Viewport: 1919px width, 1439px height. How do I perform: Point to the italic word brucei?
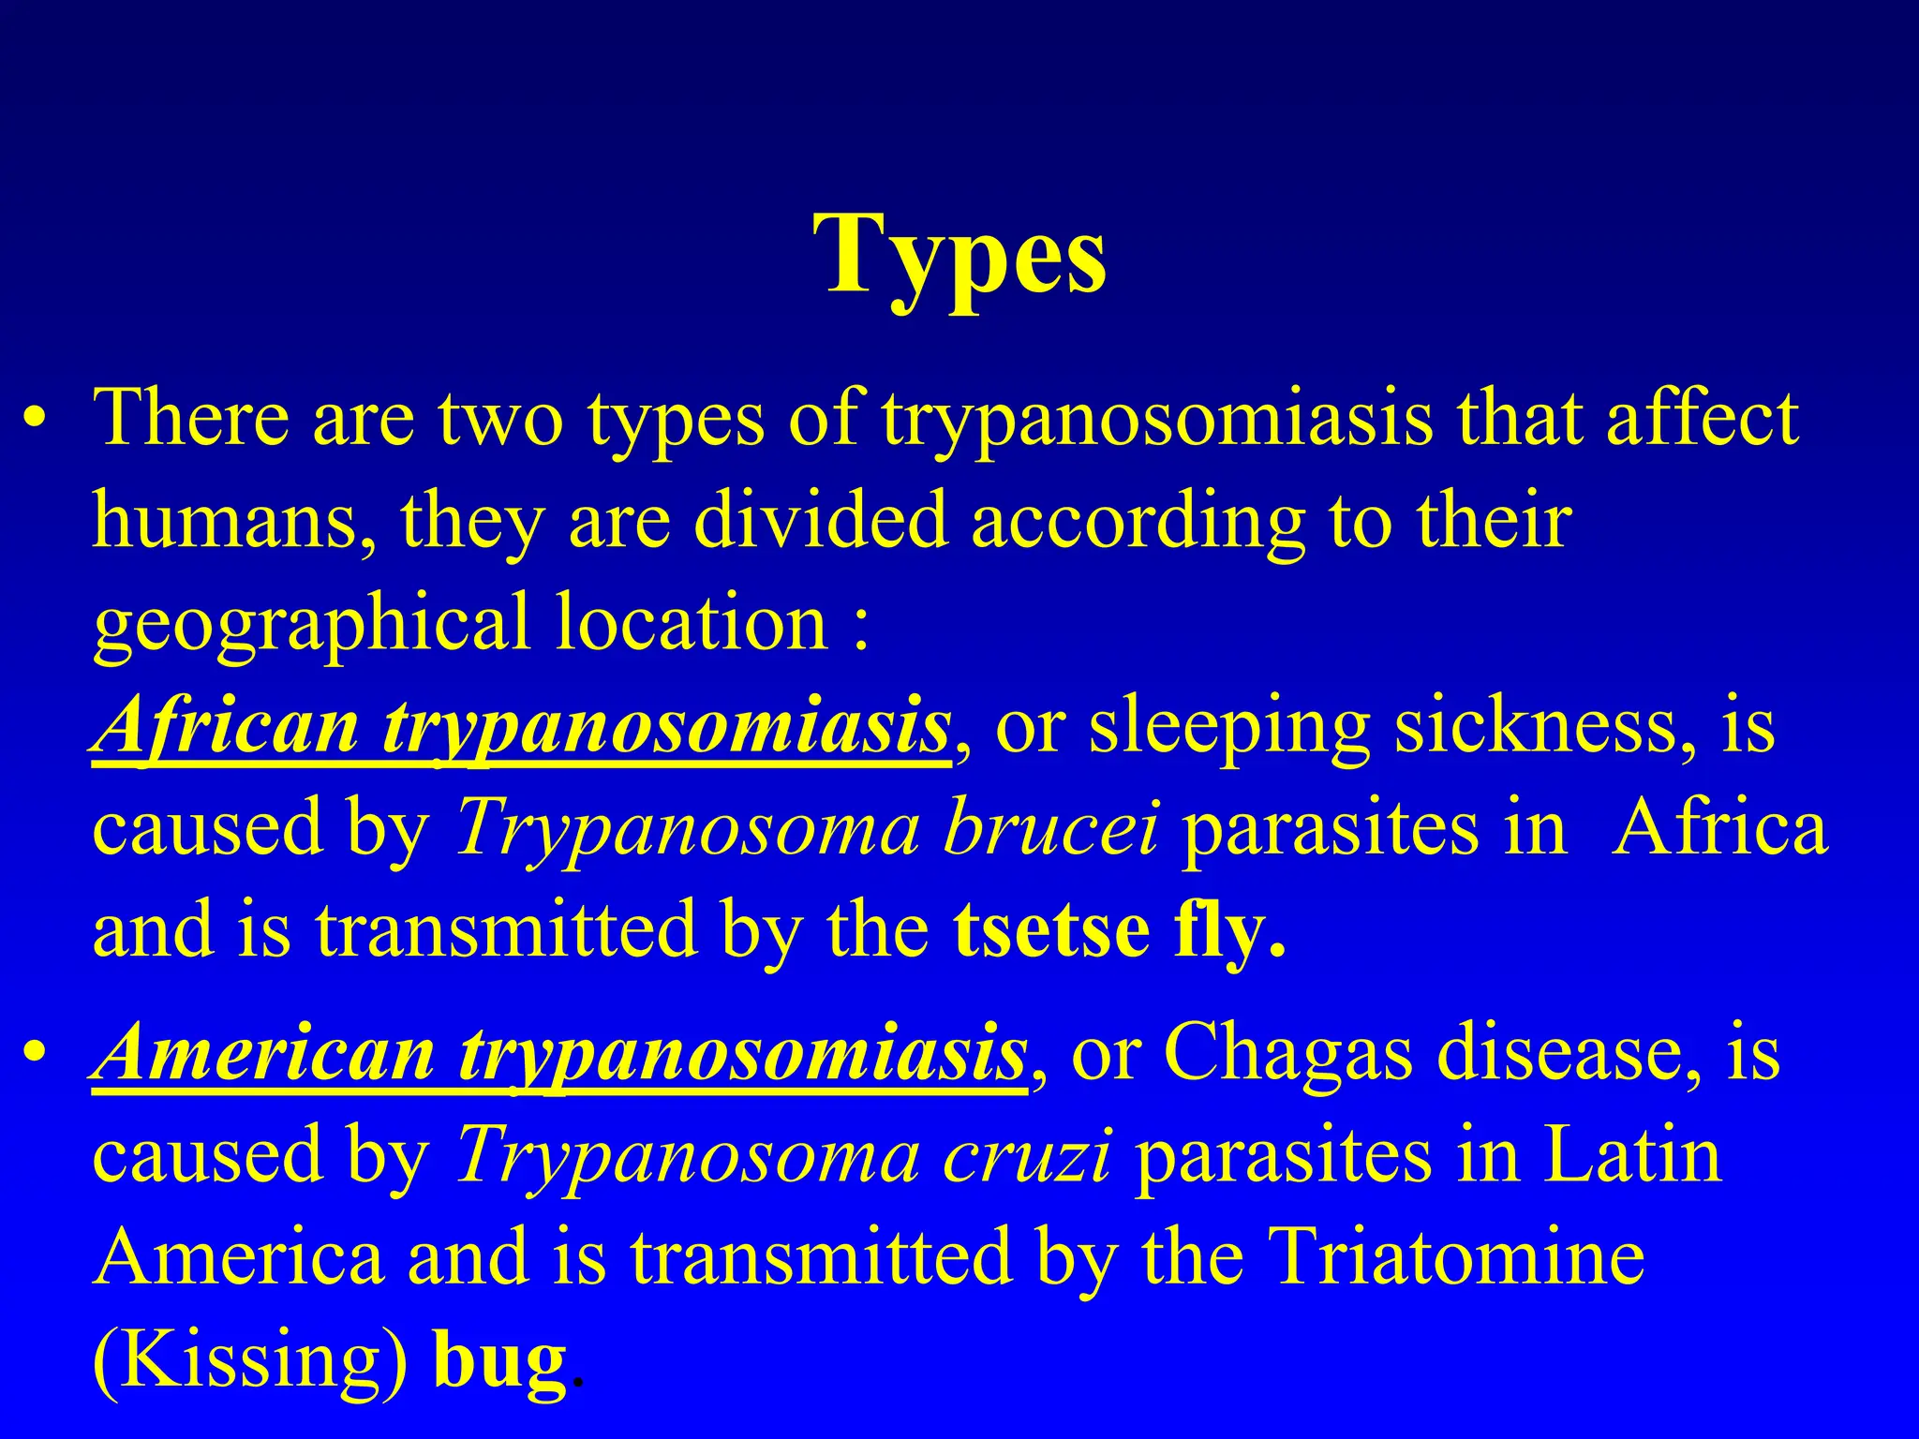(1050, 830)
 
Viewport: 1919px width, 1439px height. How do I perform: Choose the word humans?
(234, 523)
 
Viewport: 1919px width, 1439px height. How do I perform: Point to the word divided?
(820, 521)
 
